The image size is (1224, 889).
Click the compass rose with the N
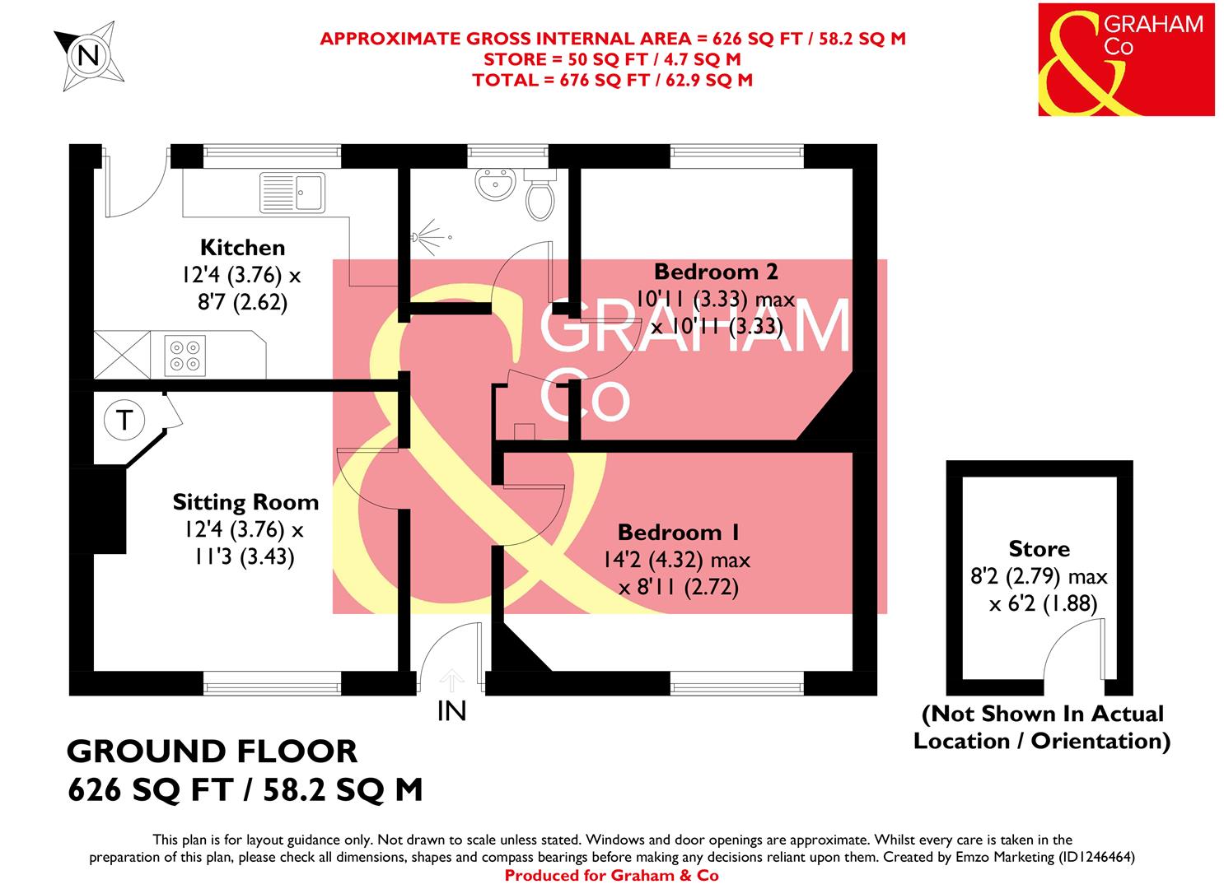(87, 56)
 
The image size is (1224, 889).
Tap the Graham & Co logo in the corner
(1125, 59)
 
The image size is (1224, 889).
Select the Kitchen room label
(242, 247)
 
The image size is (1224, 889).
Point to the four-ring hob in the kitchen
(184, 354)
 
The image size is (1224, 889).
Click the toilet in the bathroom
(540, 196)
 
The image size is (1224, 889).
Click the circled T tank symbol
(124, 420)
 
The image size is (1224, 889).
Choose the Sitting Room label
(245, 502)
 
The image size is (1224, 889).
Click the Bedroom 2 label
(716, 271)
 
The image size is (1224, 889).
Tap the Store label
(1039, 549)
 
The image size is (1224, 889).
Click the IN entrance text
(451, 710)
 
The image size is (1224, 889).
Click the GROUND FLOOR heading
(212, 752)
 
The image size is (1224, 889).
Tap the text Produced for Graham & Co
(611, 876)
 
